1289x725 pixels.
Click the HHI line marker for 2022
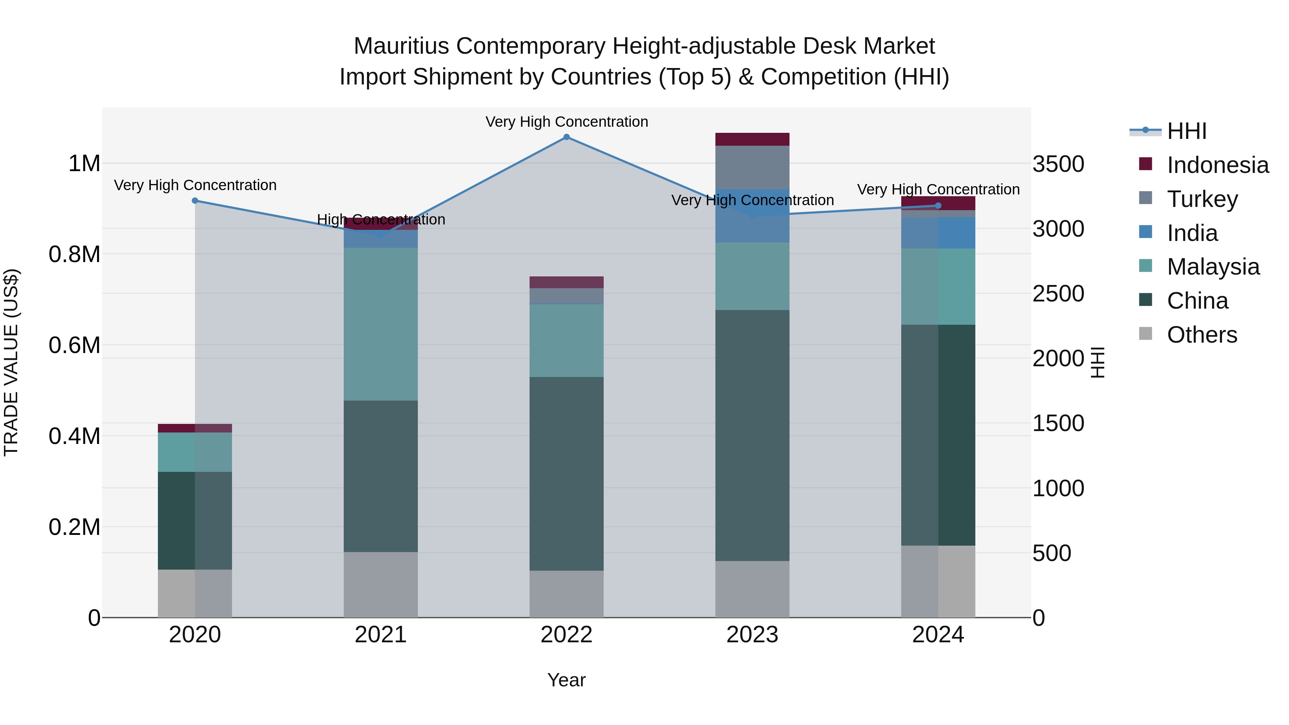click(566, 137)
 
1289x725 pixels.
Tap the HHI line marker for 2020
click(195, 200)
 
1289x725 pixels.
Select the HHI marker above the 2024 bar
click(938, 206)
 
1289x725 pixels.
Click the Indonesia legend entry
click(1217, 165)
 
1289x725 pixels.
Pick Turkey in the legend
click(1202, 199)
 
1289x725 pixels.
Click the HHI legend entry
click(1187, 131)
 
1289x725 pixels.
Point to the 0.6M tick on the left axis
click(74, 345)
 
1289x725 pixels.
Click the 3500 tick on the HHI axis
click(1058, 164)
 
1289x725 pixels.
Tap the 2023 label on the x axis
click(752, 635)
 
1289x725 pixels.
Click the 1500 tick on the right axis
click(1058, 423)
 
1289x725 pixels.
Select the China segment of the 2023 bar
click(752, 435)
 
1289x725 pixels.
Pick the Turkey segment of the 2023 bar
click(752, 167)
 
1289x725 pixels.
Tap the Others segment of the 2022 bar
click(566, 594)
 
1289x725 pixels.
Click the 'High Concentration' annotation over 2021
click(381, 220)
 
